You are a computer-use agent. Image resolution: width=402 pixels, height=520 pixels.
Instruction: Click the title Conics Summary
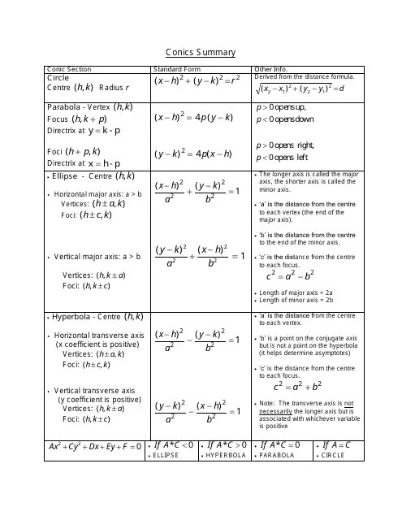point(201,52)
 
